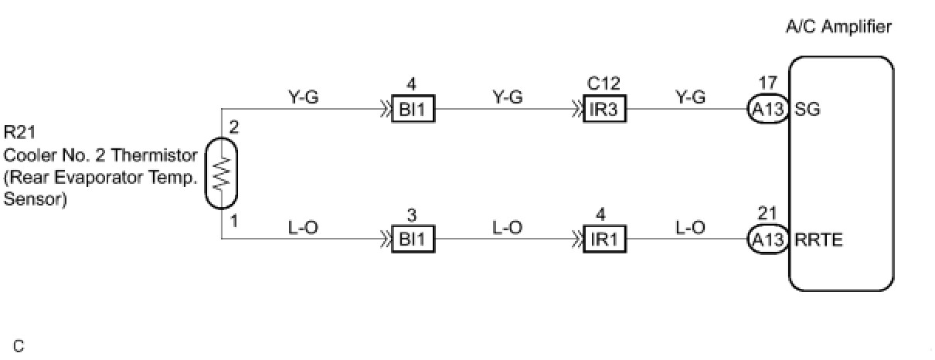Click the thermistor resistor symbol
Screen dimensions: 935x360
pos(221,174)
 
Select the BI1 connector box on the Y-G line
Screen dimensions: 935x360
pos(413,110)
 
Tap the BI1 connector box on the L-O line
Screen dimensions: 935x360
pos(413,239)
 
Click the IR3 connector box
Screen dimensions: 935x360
pos(603,110)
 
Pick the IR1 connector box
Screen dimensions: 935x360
pos(603,239)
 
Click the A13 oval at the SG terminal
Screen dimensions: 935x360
pos(767,110)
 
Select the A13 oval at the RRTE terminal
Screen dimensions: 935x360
pos(767,239)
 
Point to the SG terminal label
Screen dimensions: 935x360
pos(807,110)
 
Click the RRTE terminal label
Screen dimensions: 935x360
pos(818,239)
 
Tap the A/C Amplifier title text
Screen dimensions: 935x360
pos(838,28)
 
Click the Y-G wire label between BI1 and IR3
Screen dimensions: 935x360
pos(508,97)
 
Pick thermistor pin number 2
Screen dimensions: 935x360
pos(233,128)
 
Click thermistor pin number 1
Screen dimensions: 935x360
pos(233,222)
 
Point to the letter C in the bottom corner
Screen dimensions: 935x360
pos(19,347)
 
